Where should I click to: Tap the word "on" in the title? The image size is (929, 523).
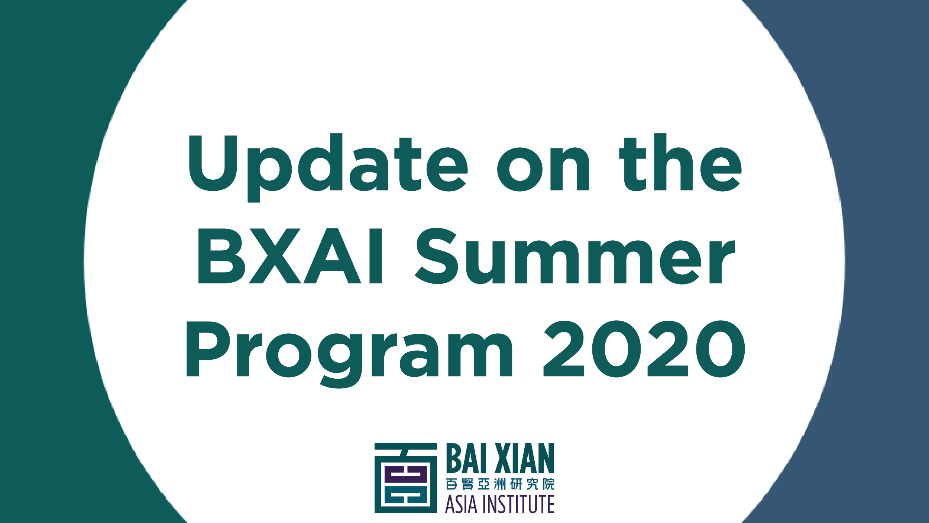[543, 169]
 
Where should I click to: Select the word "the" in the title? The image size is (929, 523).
[680, 163]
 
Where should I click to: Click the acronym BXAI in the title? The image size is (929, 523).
[290, 256]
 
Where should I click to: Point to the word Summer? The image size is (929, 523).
[575, 256]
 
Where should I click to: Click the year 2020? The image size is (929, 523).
[644, 349]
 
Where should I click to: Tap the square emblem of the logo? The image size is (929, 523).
[405, 478]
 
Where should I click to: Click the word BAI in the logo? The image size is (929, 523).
[466, 458]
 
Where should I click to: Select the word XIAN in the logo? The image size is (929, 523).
[525, 458]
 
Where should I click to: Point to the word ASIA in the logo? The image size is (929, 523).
[461, 504]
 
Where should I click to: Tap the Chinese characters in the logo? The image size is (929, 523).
[500, 484]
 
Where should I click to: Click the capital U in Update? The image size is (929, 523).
[213, 163]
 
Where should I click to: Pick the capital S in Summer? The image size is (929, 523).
[436, 256]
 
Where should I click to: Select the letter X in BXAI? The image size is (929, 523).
[275, 256]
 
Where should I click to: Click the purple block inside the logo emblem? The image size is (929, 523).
[405, 474]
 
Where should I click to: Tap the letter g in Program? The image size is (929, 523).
[340, 361]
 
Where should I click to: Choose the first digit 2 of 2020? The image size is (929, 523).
[564, 349]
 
